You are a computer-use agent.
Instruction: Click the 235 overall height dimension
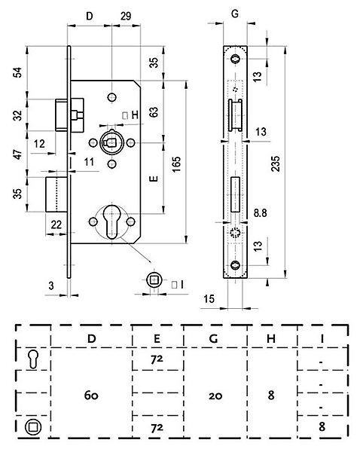tap(276, 163)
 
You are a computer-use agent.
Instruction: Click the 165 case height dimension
tap(176, 164)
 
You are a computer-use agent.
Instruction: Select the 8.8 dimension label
tap(260, 213)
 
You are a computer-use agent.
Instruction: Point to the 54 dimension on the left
tap(18, 72)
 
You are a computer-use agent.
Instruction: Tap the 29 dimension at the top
tap(126, 16)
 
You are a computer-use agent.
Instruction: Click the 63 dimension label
tap(154, 111)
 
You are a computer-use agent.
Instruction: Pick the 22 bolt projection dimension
tap(56, 224)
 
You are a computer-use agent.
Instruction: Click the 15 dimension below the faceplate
tap(209, 299)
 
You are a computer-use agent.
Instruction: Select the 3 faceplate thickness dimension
tap(51, 286)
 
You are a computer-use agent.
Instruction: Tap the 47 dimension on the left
tap(18, 154)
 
